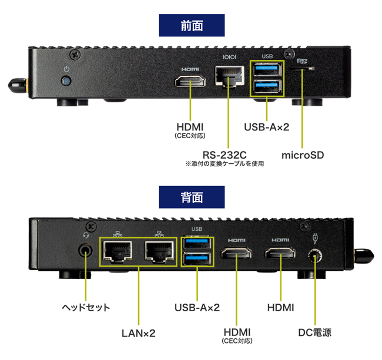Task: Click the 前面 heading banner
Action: pyautogui.click(x=192, y=25)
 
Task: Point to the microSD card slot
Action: pyautogui.click(x=304, y=69)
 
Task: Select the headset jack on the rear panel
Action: pyautogui.click(x=86, y=250)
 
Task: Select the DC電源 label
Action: pyautogui.click(x=314, y=333)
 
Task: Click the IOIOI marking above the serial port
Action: pyautogui.click(x=228, y=58)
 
